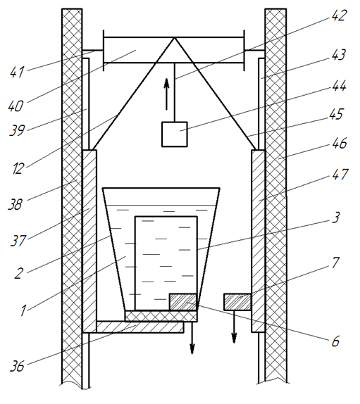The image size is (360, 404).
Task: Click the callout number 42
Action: tap(338, 15)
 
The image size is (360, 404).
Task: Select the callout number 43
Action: tap(338, 55)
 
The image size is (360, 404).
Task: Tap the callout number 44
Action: tap(338, 86)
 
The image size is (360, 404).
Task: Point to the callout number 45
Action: tap(336, 114)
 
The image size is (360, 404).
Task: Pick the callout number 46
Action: tap(340, 144)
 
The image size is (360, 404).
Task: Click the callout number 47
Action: tap(340, 175)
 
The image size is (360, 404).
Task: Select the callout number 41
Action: tap(17, 72)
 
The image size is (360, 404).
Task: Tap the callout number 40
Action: tap(15, 106)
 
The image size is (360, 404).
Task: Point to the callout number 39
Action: tap(17, 130)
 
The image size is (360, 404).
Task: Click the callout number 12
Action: tap(18, 169)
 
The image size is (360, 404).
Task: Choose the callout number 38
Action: tap(15, 204)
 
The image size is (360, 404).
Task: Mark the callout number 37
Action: tap(18, 241)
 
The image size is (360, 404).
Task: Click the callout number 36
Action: tap(17, 366)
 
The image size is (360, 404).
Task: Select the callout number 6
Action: tap(335, 341)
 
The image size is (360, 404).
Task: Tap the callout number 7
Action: tap(335, 263)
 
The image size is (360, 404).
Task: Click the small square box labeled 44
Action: tap(174, 134)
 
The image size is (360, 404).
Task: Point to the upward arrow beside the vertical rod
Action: tap(167, 94)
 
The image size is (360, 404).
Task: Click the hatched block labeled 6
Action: tap(183, 302)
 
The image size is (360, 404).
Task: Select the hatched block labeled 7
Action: tap(237, 302)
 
